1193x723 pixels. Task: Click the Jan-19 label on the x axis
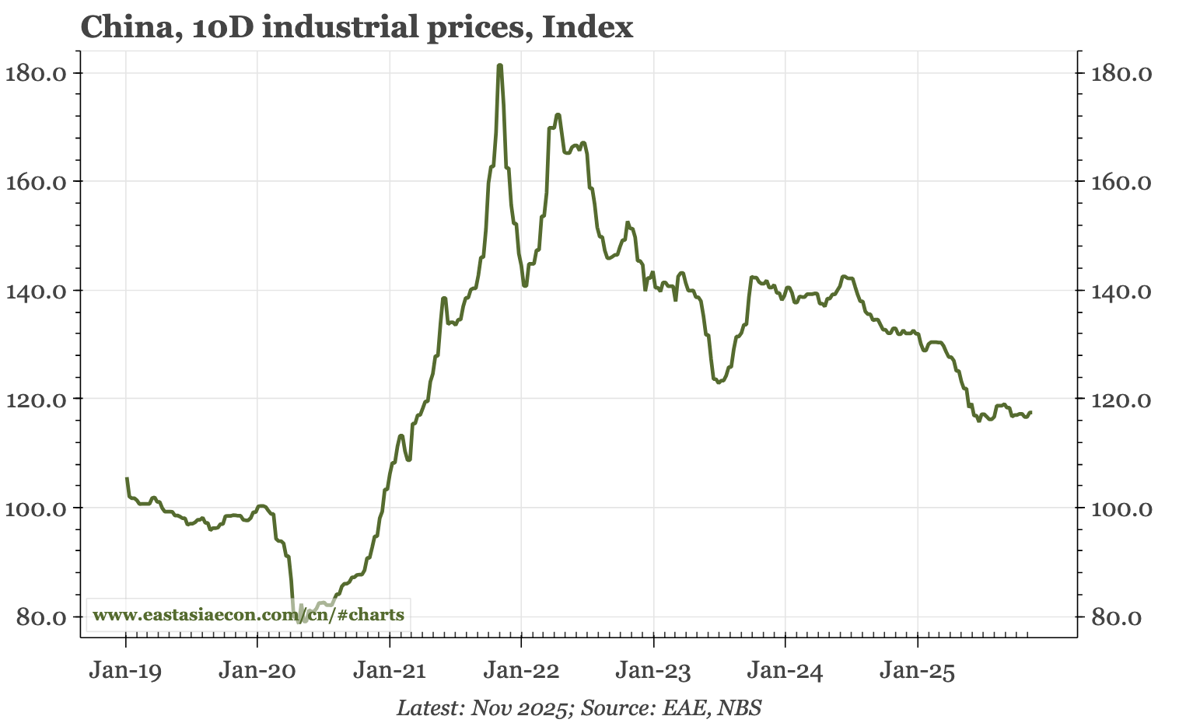tap(125, 671)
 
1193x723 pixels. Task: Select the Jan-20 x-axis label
tap(257, 671)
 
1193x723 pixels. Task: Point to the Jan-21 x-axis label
tap(389, 671)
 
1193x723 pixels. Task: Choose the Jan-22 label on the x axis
tap(521, 671)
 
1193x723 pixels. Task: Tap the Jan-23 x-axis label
tap(653, 671)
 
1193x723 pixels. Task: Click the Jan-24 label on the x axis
tap(785, 671)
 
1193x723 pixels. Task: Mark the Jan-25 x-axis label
tap(917, 671)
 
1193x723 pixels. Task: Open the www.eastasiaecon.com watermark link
tap(248, 615)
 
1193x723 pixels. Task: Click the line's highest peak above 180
tap(499, 65)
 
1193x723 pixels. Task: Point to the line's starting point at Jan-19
tap(127, 479)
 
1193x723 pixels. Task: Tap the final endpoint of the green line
tap(1030, 412)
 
